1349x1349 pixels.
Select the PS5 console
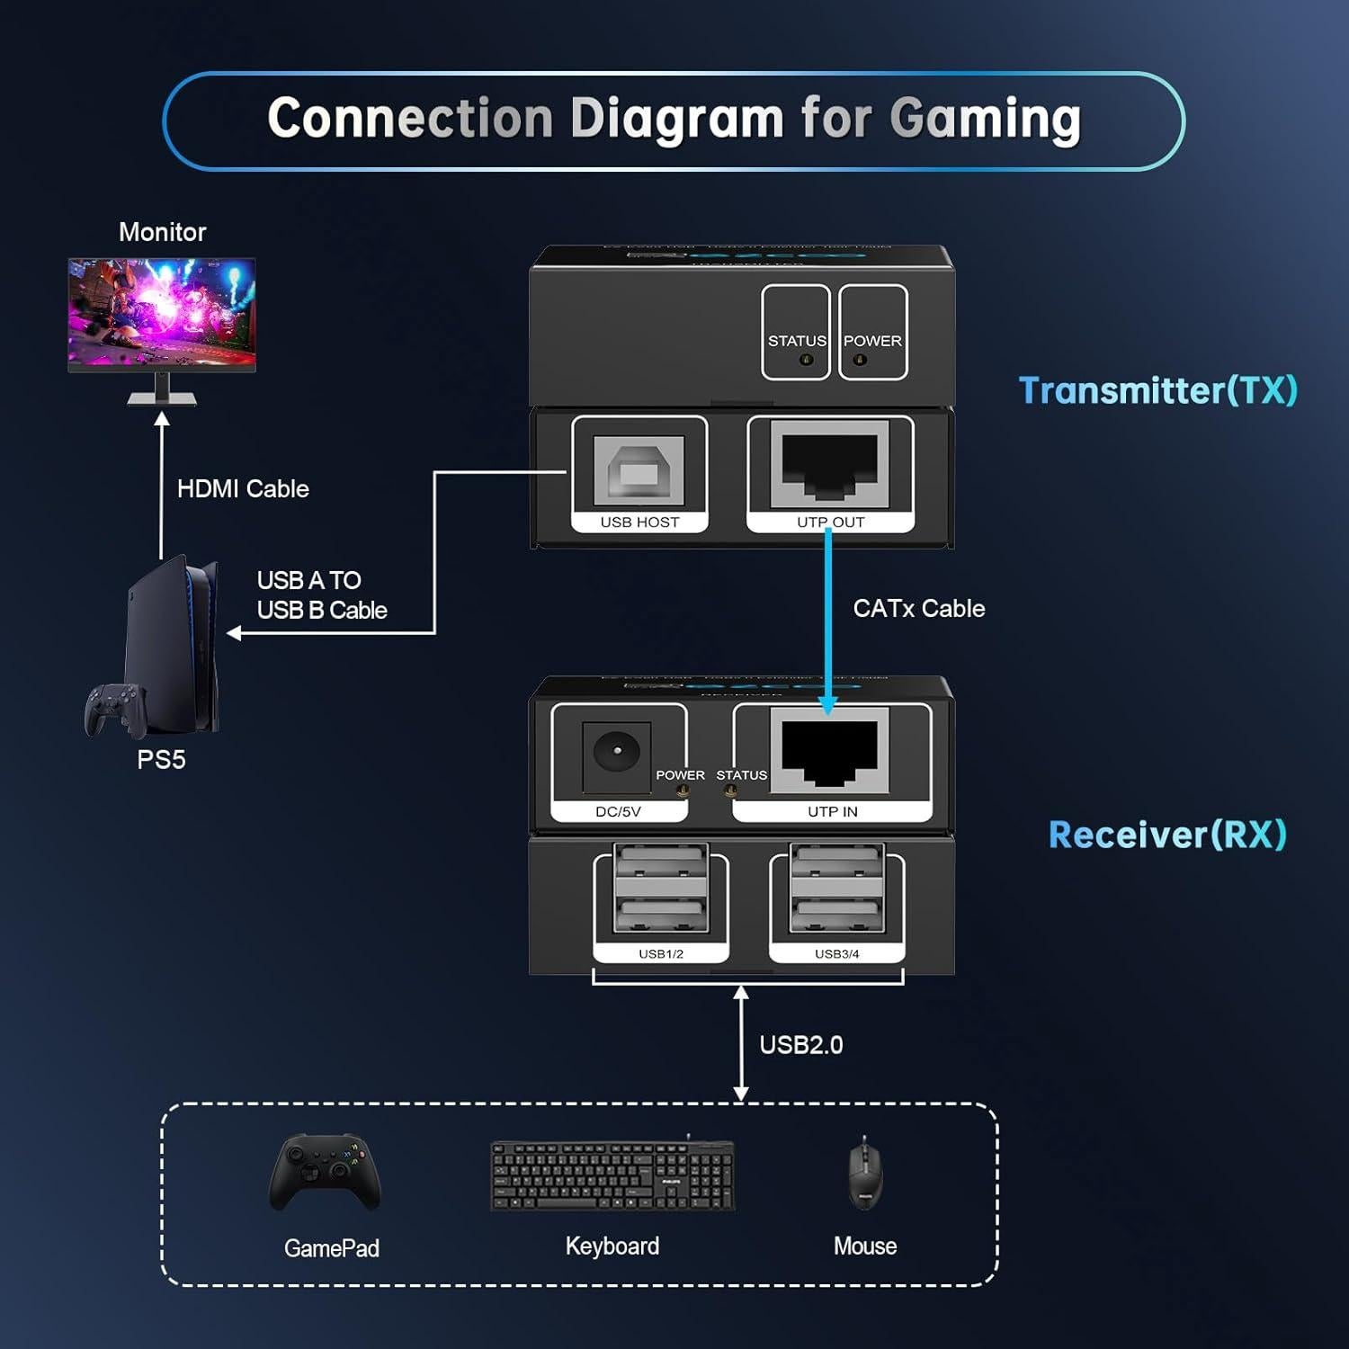coord(175,643)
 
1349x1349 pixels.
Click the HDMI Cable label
coord(243,488)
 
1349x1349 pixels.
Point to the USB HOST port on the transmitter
coord(639,470)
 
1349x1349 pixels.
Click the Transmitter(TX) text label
coord(1157,390)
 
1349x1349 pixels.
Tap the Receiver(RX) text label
coord(1167,835)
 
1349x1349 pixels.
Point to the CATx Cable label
coord(918,609)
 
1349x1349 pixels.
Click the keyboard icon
coord(612,1175)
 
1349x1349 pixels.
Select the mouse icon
coord(865,1174)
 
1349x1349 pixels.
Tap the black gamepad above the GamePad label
coord(326,1172)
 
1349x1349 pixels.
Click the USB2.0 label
coord(800,1045)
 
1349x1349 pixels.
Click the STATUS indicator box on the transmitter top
coord(796,333)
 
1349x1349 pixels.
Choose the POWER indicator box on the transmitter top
coord(872,333)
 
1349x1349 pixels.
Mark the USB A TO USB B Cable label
coord(321,595)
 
